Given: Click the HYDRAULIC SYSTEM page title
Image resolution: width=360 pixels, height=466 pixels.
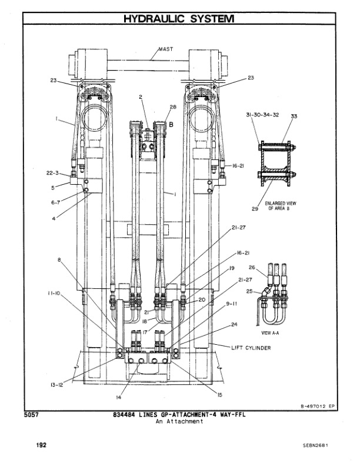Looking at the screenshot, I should coord(179,19).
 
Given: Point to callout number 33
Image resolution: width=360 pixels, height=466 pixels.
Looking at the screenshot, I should coord(294,117).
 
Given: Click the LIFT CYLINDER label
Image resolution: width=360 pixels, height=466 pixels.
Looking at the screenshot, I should coord(252,348).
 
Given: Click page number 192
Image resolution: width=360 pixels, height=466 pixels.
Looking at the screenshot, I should coord(39,445).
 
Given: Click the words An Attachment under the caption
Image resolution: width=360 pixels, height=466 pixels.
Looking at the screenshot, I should coord(179,422).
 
